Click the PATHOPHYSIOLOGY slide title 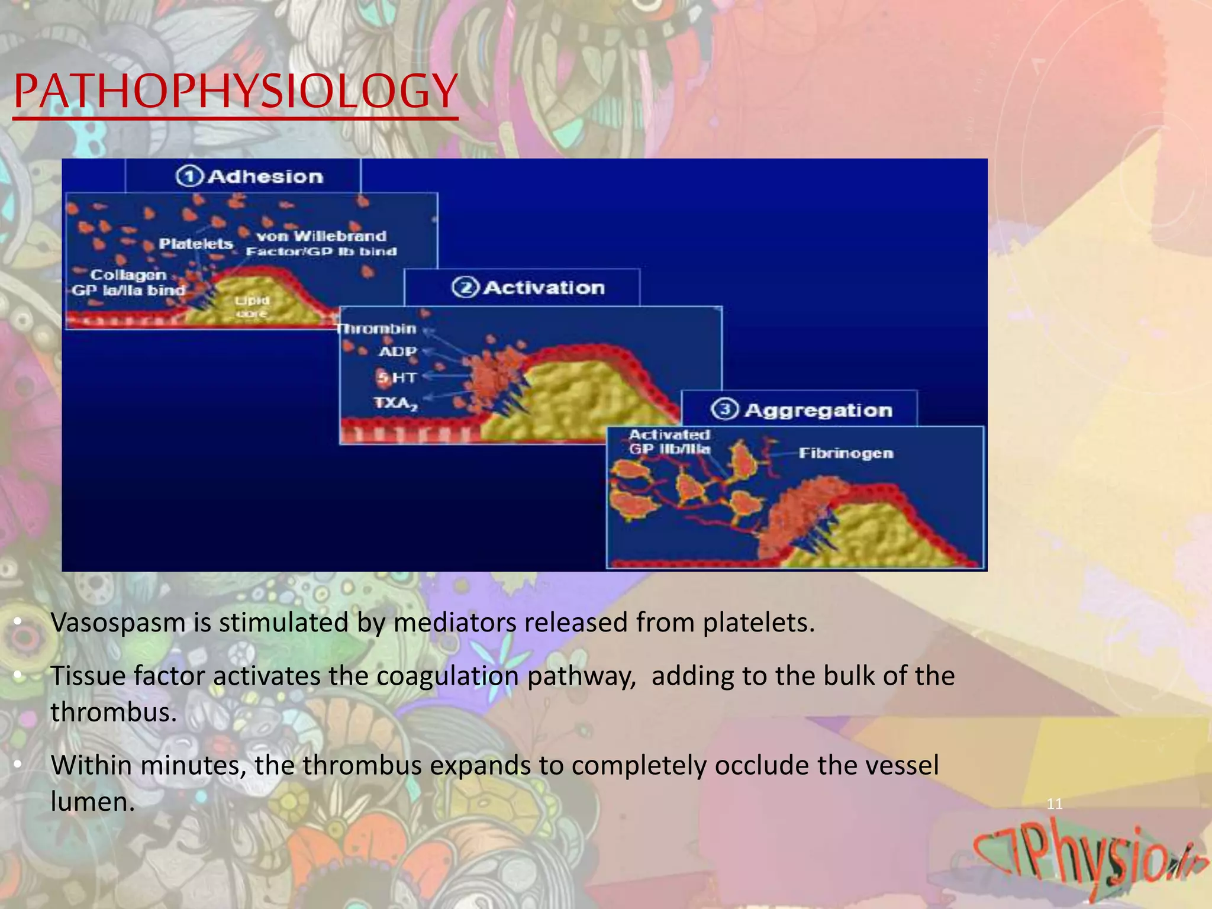point(236,92)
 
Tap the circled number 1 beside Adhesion point(189,176)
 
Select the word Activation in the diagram point(544,288)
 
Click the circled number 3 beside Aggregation point(724,410)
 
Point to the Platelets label point(196,244)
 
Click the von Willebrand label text point(321,236)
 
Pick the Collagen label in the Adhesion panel point(128,275)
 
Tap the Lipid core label point(252,307)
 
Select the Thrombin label point(377,328)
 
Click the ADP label point(398,352)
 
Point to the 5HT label point(398,378)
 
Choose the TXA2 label point(395,404)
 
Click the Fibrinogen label point(846,453)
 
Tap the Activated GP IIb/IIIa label point(669,442)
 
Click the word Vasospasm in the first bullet point(118,623)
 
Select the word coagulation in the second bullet point(447,676)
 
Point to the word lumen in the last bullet point(92,802)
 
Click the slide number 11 point(1055,804)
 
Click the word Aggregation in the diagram point(818,410)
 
